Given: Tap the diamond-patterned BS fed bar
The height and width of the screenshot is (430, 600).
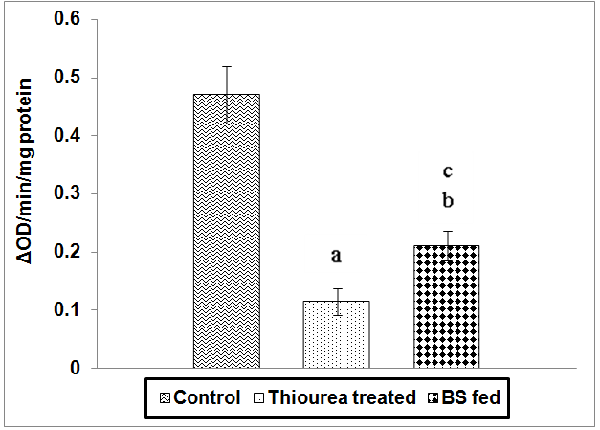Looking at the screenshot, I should tap(446, 306).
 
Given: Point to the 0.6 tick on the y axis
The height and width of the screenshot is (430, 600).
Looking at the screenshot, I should tap(70, 19).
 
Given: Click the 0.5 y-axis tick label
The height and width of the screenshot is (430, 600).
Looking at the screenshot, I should tap(70, 78).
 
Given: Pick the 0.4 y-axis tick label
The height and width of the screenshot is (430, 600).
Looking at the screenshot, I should tap(70, 136).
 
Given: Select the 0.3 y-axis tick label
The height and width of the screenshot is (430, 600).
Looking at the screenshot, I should tap(70, 194).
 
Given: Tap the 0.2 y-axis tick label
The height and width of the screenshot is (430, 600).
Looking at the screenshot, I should tap(70, 252).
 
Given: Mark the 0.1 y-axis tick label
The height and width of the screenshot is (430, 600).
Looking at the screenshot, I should tap(70, 310).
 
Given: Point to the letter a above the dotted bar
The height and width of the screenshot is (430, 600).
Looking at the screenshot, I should tap(336, 256).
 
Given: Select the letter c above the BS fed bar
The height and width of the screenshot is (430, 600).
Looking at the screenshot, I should tap(447, 172).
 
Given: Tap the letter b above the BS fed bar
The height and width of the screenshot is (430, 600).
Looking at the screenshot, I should tap(447, 201).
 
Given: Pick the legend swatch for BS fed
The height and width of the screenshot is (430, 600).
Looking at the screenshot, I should tap(433, 397).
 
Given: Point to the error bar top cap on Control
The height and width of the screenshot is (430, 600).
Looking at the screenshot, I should tap(227, 66).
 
